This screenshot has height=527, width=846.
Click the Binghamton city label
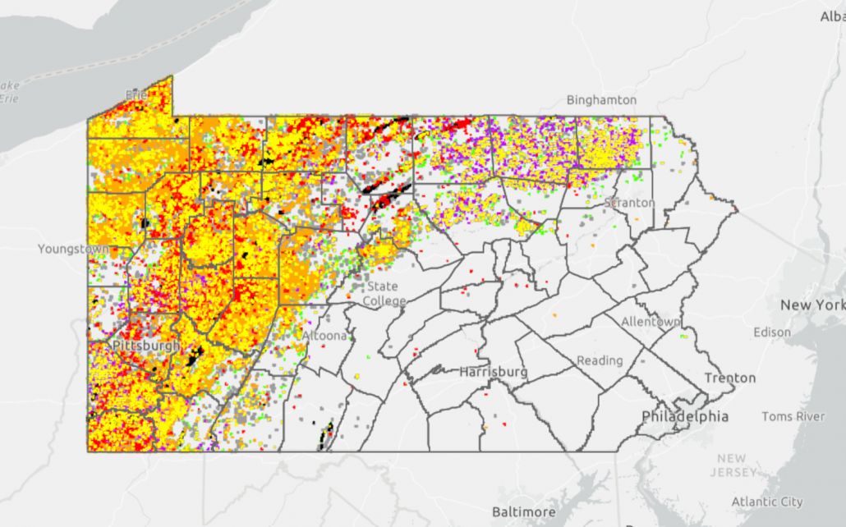[x=601, y=100]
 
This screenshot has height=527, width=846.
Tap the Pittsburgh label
[x=145, y=346]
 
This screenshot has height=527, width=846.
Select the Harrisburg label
[x=493, y=372]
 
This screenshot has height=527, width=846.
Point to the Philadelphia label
[x=684, y=416]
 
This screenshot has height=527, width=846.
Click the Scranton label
[x=629, y=202]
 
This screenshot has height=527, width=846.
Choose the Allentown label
[x=651, y=322]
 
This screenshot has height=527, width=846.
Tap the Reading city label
[x=600, y=360]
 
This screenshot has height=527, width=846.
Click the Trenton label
[x=729, y=378]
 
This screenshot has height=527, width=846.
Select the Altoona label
[x=329, y=336]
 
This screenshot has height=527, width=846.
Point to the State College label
[x=383, y=293]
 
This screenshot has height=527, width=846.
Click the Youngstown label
[x=73, y=248]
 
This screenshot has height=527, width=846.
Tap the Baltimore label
[x=523, y=511]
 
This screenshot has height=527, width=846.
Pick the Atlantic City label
[x=767, y=502]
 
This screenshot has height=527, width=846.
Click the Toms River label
[x=793, y=416]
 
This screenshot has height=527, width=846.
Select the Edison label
[x=771, y=332]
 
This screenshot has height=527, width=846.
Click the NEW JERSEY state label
[x=736, y=465]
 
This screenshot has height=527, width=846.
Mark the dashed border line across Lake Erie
[x=123, y=57]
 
